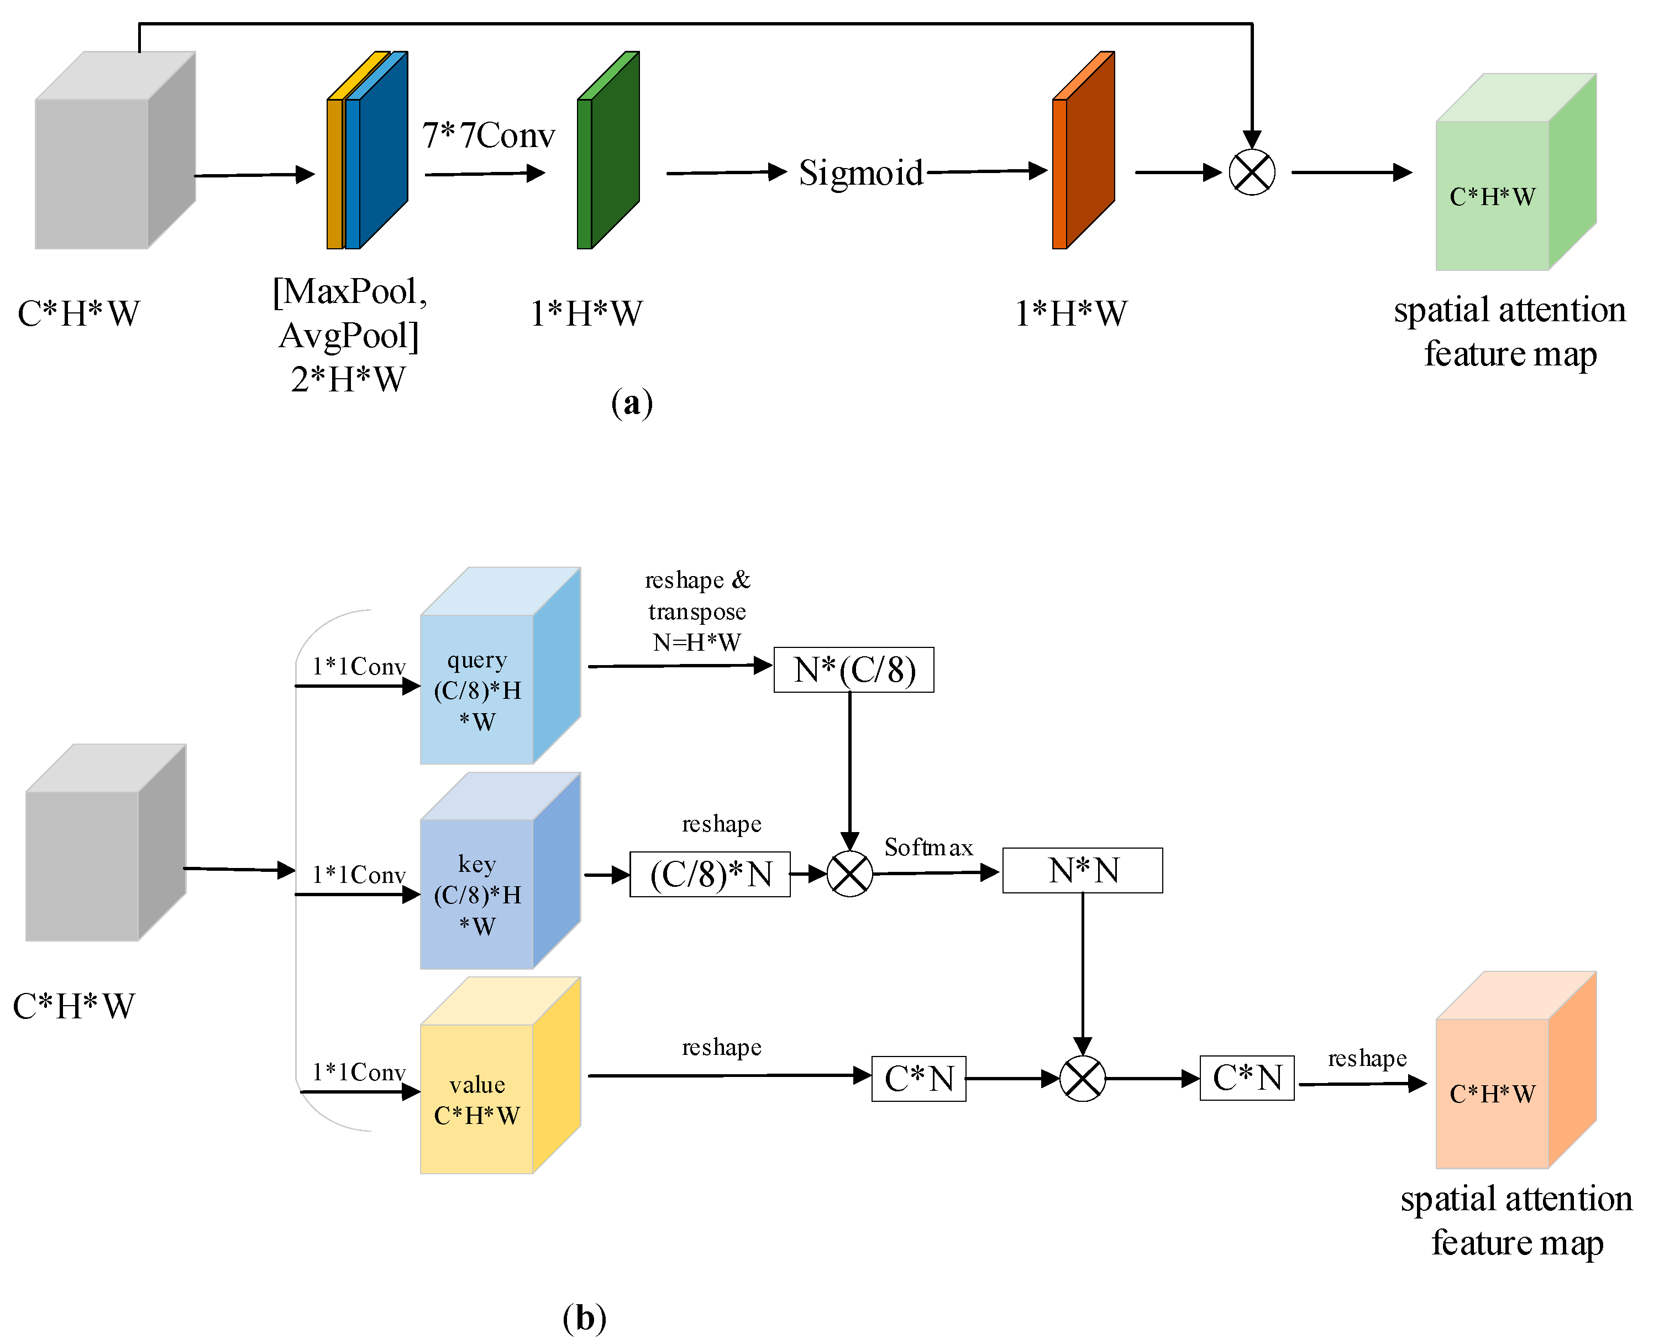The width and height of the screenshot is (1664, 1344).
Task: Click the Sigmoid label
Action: tap(860, 172)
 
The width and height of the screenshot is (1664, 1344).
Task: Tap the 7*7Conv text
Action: tap(489, 135)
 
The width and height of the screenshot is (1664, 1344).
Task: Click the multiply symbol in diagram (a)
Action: tap(1252, 172)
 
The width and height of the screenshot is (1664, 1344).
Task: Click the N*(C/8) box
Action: tap(854, 670)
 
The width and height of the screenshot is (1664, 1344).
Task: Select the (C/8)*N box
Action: tap(710, 874)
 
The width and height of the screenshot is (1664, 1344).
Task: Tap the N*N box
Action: tap(1082, 870)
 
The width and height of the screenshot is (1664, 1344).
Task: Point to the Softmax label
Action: tap(928, 847)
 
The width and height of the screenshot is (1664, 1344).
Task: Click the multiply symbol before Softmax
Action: tap(850, 874)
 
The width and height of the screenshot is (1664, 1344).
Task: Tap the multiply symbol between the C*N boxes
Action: tap(1082, 1079)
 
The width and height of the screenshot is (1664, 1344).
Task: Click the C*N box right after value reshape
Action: tap(918, 1079)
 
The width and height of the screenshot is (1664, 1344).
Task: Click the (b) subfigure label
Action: tap(584, 1317)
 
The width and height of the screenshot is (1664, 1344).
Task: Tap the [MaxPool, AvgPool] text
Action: tap(349, 313)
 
